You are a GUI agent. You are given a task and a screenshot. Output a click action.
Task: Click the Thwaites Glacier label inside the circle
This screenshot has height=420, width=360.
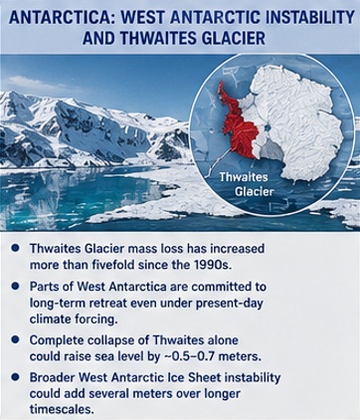coord(244,184)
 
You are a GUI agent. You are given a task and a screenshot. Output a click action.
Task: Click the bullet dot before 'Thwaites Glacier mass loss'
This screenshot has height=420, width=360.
coord(15,248)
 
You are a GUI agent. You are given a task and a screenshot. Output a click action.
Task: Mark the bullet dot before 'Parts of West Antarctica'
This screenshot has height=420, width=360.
coord(15,286)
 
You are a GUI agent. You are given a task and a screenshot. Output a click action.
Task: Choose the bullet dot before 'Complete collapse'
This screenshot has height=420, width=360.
coord(15,340)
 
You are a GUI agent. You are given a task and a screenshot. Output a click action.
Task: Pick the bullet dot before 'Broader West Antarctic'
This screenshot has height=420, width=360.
coord(15,377)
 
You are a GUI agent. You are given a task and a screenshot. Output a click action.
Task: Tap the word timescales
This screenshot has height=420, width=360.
coord(61,409)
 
